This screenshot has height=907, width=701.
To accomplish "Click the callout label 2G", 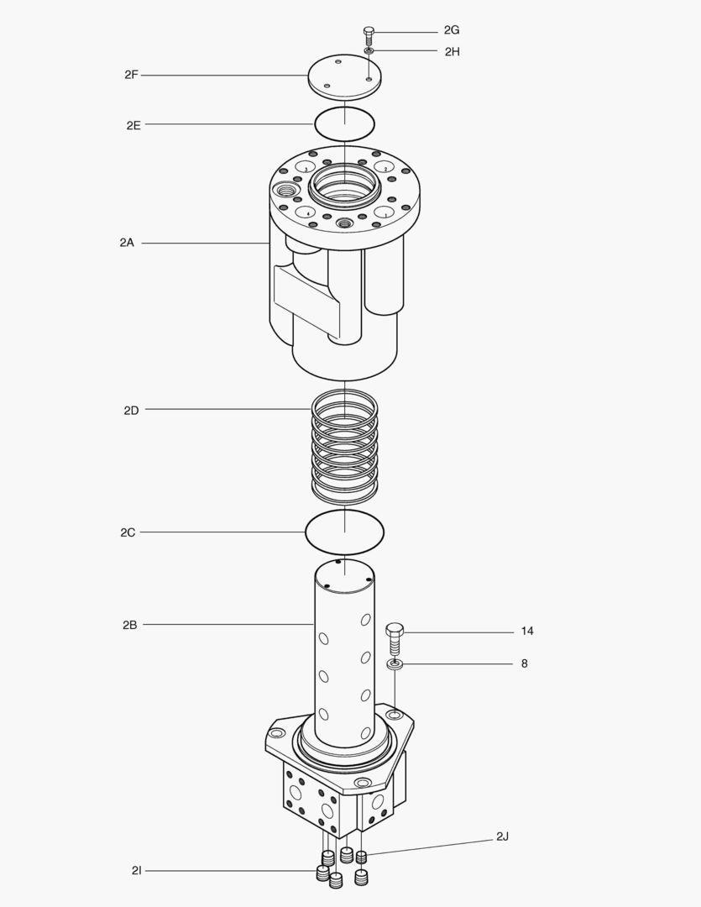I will click(452, 30).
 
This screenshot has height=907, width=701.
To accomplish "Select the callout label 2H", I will click(453, 51).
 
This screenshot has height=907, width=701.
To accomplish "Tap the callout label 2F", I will click(131, 75).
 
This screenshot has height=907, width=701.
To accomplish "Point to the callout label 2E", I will click(133, 125).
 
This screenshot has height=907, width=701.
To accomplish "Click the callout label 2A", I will click(127, 243).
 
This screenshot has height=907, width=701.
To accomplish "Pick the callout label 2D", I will click(131, 411).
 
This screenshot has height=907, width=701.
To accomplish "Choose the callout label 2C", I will click(128, 532).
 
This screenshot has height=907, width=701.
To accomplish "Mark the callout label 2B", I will click(129, 625).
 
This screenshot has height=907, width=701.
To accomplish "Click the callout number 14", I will click(527, 631).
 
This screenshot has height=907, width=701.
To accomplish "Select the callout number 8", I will click(525, 663).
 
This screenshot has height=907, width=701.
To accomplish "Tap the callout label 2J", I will click(503, 836).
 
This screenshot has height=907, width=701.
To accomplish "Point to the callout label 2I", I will click(136, 871).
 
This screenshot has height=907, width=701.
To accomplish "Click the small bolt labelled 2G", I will click(369, 35).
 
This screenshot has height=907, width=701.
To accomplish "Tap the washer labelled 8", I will click(395, 665).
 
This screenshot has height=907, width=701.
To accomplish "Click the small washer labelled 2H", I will click(369, 51).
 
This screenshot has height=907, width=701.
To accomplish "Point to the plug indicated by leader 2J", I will click(363, 857).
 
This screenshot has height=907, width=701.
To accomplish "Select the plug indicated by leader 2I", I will click(322, 873).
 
